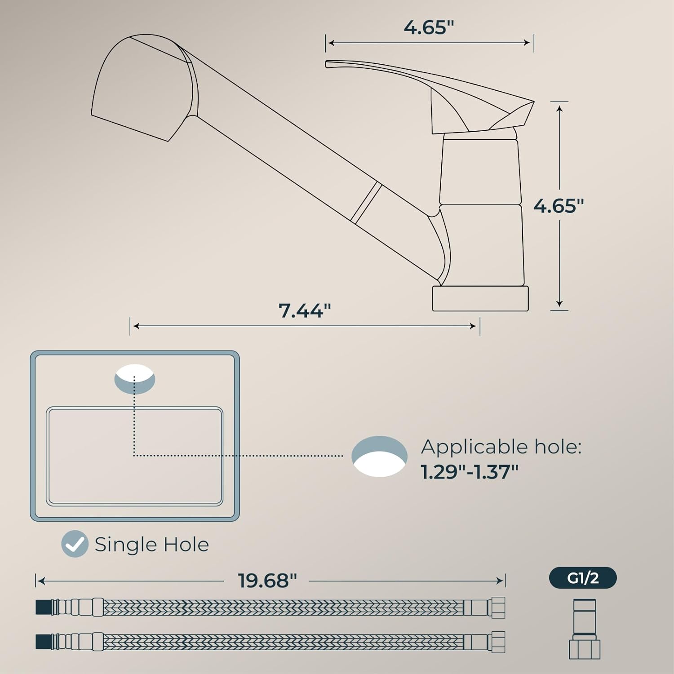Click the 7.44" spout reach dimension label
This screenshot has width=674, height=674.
(305, 310)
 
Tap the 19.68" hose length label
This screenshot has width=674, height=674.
(267, 581)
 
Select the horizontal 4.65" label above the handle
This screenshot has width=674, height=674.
(429, 27)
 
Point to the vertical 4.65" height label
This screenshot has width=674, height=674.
(559, 206)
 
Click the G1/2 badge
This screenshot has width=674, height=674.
(583, 578)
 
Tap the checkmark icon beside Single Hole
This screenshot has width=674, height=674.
(75, 544)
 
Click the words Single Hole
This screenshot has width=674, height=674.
(152, 545)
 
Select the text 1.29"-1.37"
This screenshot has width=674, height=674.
(470, 472)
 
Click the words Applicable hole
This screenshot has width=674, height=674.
(501, 447)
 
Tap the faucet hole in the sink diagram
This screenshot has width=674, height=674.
(135, 379)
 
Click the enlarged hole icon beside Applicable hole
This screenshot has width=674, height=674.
(380, 456)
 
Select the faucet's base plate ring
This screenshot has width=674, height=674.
(480, 298)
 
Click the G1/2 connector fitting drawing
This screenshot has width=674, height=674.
(585, 629)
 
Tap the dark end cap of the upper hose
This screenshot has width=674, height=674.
(44, 607)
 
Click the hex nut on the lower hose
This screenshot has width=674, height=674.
(498, 642)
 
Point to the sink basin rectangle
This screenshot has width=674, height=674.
(135, 456)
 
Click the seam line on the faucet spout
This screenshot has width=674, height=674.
(366, 204)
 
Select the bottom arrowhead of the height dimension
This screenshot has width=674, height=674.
(559, 304)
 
